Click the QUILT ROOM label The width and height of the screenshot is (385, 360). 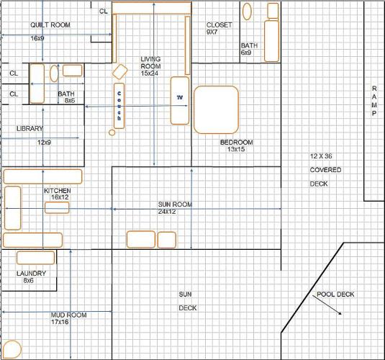click(x=50, y=24)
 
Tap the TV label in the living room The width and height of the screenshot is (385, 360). click(x=180, y=97)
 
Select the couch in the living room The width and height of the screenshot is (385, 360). click(x=119, y=106)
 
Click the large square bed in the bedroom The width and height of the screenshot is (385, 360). click(x=216, y=110)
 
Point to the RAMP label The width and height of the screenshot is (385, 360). click(x=374, y=101)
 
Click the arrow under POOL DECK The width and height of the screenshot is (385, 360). click(x=327, y=305)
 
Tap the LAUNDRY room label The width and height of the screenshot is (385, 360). click(x=31, y=274)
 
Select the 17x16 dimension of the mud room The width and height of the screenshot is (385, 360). click(x=60, y=322)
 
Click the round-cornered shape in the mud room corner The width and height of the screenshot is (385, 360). click(x=12, y=349)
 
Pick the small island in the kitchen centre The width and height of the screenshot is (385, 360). click(x=57, y=207)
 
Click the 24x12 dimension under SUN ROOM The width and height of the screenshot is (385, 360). click(x=167, y=212)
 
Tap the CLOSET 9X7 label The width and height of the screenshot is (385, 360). click(x=219, y=28)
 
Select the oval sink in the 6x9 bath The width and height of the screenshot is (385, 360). click(x=247, y=12)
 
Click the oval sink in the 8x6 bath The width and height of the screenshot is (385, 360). click(x=54, y=73)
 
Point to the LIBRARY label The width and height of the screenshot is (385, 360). click(x=30, y=128)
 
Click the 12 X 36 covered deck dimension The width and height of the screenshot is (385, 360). click(x=321, y=156)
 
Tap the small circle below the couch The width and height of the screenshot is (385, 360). click(x=112, y=132)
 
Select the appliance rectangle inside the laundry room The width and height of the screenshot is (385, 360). click(x=35, y=258)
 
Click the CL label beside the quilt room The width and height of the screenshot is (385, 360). click(x=104, y=11)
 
